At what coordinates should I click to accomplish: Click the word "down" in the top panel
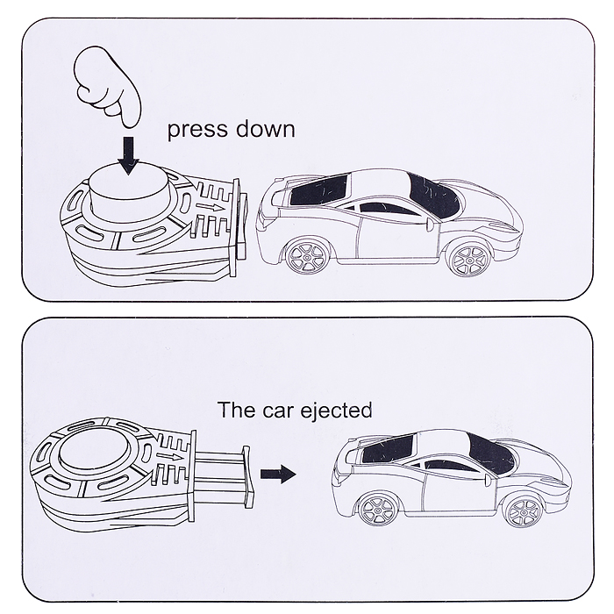pyautogui.click(x=264, y=130)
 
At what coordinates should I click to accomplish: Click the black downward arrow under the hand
pyautogui.click(x=130, y=154)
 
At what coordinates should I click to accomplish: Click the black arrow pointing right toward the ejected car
pyautogui.click(x=278, y=473)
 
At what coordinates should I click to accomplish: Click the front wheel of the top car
pyautogui.click(x=466, y=258)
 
